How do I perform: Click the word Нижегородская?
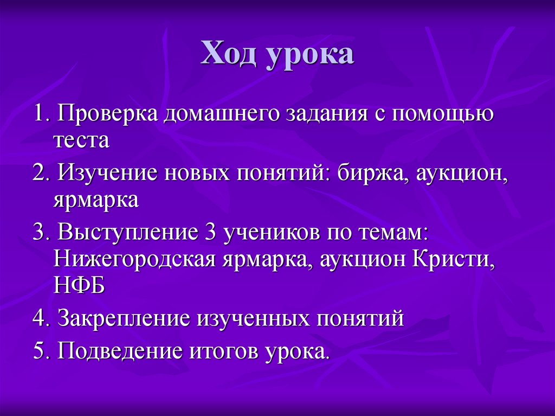tap(135, 259)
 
